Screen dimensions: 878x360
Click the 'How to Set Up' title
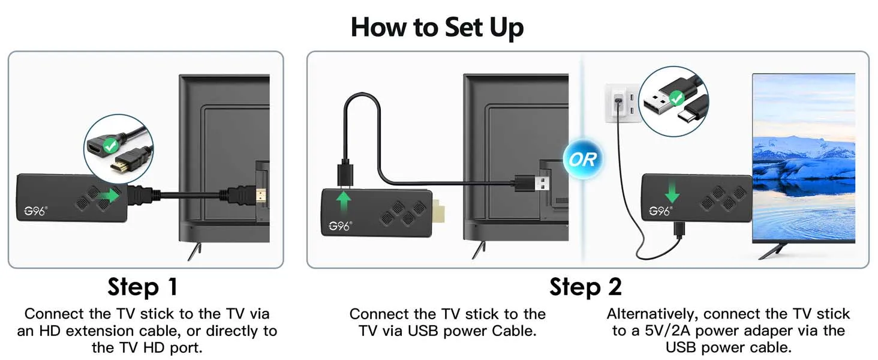(437, 28)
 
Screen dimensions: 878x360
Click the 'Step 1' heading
(143, 287)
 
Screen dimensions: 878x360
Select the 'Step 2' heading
(585, 287)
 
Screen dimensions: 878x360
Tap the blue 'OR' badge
(583, 159)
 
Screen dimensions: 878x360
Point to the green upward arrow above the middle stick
(344, 202)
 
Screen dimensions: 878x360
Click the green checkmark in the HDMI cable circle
(110, 146)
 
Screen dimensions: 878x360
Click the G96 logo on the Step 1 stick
(35, 211)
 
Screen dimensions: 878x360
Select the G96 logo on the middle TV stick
(340, 226)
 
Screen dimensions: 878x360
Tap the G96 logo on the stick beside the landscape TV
(660, 211)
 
